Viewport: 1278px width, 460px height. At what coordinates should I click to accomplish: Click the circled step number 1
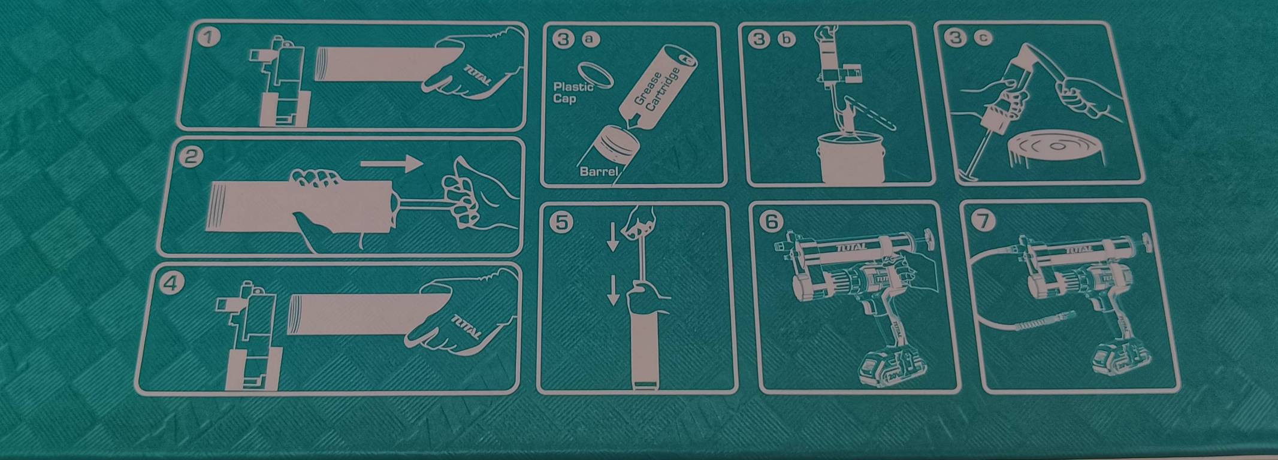tap(208, 38)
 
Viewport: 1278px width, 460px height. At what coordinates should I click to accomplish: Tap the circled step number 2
tap(192, 157)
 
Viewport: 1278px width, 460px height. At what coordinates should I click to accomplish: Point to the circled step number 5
tap(561, 223)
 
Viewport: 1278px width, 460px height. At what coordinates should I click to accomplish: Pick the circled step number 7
tap(983, 221)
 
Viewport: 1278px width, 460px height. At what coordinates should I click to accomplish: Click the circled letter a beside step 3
tap(591, 39)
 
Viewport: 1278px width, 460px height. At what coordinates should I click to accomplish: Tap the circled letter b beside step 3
tap(785, 40)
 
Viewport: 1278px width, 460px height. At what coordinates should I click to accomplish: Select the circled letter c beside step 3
tap(983, 38)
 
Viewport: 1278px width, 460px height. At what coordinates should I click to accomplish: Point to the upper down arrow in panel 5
tap(612, 237)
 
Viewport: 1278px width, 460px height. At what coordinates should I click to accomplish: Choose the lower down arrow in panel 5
tap(612, 290)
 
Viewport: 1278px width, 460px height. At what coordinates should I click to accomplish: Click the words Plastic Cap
tap(573, 92)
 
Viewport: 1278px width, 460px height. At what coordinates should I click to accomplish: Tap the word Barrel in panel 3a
tap(599, 171)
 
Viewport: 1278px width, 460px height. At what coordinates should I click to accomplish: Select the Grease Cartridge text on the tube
tap(657, 90)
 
